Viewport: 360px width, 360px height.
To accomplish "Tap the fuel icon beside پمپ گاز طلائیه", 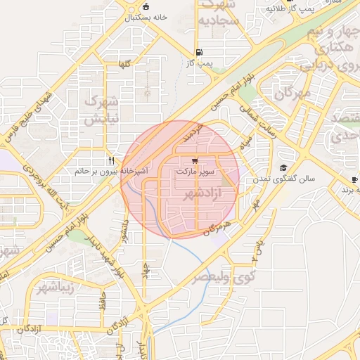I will point(270,9).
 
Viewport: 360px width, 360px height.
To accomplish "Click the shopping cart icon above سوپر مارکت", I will point(194,160).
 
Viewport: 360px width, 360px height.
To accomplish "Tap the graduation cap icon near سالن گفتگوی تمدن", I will point(283,167).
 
